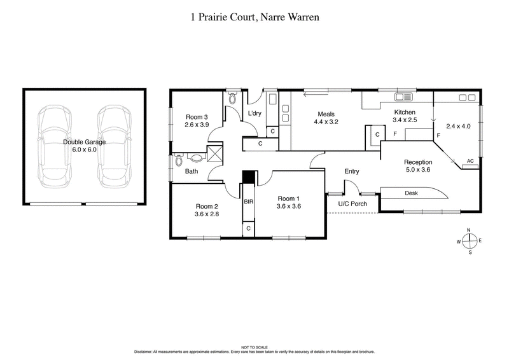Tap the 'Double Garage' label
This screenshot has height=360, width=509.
85,142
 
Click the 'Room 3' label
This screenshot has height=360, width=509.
197,117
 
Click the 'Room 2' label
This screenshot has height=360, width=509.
207,206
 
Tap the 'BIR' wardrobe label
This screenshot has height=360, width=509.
248,202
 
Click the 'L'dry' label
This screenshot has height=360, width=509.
255,113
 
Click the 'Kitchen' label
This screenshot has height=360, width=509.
405,112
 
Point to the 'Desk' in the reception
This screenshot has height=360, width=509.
411,193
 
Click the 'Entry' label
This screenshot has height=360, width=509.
352,171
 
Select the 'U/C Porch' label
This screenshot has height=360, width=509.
352,204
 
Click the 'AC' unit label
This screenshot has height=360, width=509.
471,162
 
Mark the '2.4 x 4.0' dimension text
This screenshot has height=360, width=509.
458,126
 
